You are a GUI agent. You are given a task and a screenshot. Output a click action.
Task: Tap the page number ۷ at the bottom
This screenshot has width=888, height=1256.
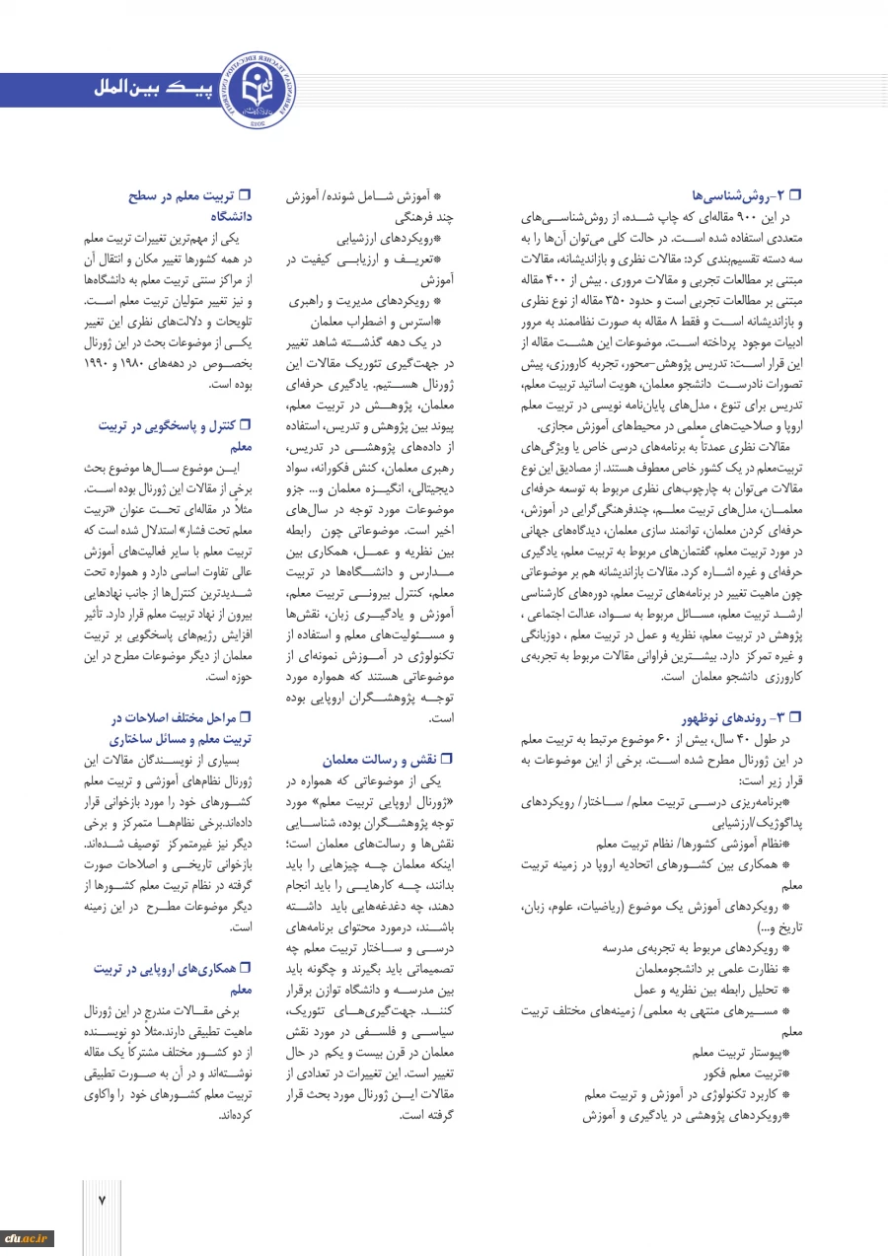click(101, 1199)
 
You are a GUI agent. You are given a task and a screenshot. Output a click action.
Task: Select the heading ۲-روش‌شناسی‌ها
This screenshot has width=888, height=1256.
click(745, 196)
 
